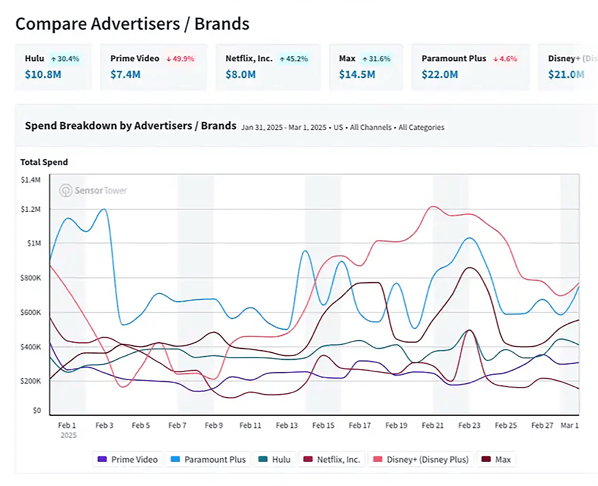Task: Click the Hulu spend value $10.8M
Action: point(43,74)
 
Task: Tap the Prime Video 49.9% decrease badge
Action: point(180,59)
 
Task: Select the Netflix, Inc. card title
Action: point(249,58)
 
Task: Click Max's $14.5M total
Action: point(357,74)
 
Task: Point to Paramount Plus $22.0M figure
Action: point(440,74)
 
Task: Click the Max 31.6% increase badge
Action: point(377,59)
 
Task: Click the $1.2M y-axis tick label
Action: point(31,209)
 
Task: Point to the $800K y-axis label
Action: point(31,278)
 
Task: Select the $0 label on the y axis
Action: point(37,410)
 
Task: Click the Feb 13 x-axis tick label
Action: point(287,425)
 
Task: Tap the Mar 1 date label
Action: point(570,425)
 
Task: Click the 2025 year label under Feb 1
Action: point(68,435)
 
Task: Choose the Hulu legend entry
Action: point(275,459)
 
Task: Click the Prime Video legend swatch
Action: point(102,459)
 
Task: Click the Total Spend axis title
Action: point(44,162)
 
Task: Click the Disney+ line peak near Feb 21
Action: point(433,207)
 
